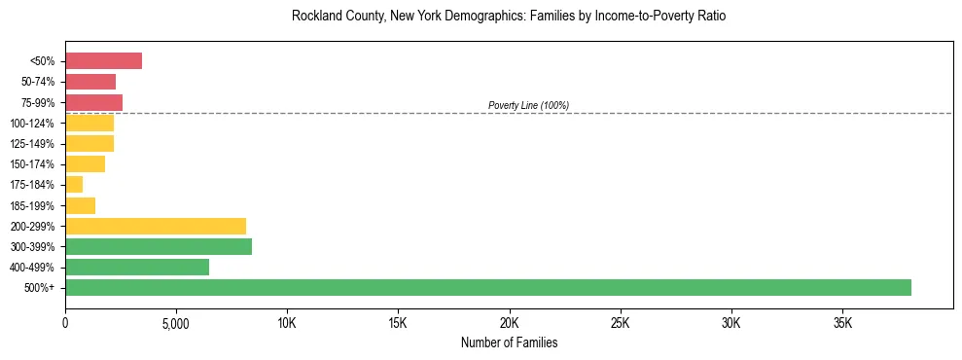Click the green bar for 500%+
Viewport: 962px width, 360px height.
point(488,287)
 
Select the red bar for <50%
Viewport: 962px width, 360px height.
point(103,61)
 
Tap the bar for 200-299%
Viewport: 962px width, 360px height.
point(156,226)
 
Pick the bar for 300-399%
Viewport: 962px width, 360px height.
point(159,246)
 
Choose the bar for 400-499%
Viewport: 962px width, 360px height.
point(137,267)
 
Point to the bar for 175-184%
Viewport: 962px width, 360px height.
point(74,185)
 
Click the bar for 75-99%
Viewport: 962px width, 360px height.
point(93,102)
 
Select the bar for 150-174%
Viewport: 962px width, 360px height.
point(85,164)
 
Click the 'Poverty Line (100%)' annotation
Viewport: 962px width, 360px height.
point(528,105)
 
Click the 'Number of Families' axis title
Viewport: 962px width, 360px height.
point(509,342)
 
